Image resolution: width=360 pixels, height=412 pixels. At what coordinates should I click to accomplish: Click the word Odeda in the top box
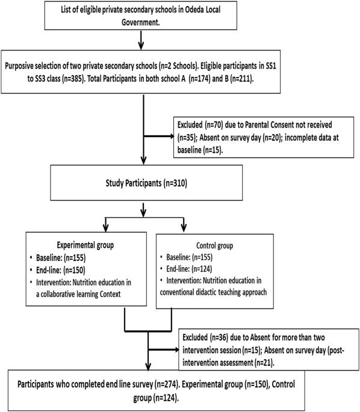[x=194, y=10]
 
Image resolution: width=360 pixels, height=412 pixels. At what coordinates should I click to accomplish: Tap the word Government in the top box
[x=141, y=22]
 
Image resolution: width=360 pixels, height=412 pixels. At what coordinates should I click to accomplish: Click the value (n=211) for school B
[x=242, y=79]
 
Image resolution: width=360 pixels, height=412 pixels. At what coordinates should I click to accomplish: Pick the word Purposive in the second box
[x=19, y=66]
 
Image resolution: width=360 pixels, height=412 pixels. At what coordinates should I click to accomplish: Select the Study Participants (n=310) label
[x=146, y=183]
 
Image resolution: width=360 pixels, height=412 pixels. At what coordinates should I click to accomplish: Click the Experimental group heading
[x=85, y=245]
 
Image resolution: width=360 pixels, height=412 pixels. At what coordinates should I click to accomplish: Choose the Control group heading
[x=214, y=245]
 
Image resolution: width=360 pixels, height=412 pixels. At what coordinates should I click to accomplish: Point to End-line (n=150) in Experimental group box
[x=61, y=270]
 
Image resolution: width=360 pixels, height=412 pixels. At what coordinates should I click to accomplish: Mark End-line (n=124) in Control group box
[x=189, y=269]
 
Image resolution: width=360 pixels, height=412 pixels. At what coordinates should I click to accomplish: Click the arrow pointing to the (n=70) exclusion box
[x=159, y=136]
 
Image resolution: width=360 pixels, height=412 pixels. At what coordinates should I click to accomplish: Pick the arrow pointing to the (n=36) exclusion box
[x=164, y=349]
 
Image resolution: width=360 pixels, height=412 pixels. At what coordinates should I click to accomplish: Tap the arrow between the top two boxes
[x=141, y=40]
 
